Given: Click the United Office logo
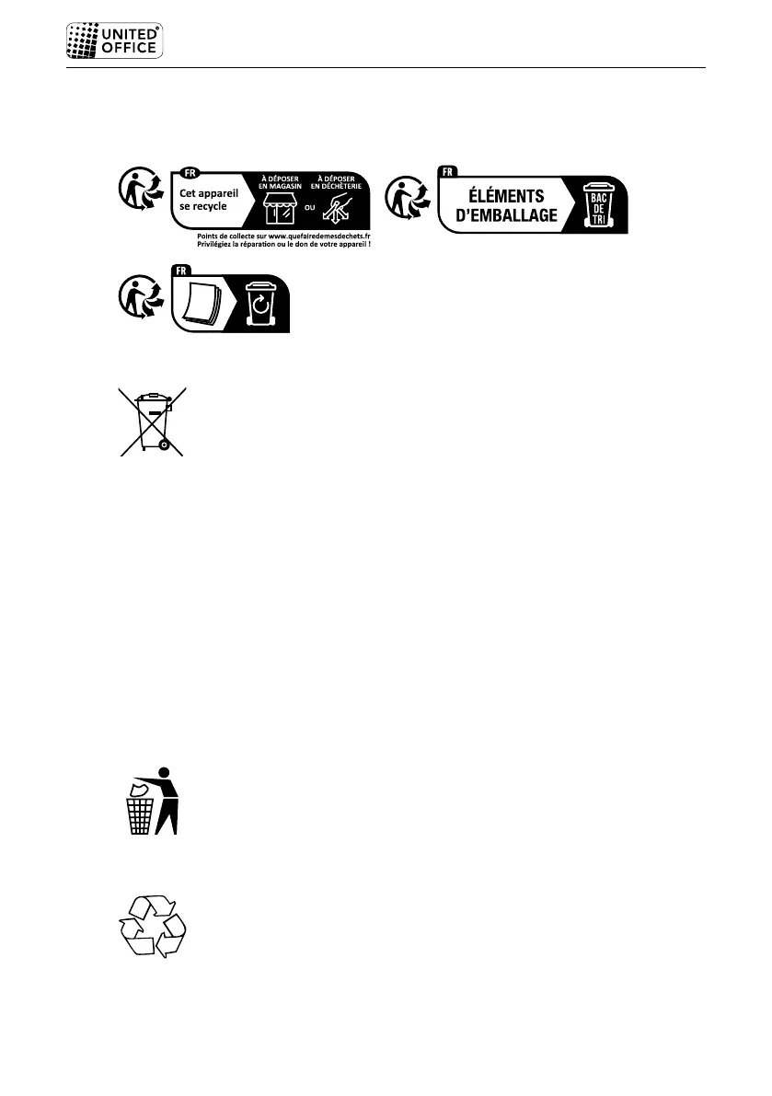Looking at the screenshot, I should pyautogui.click(x=115, y=41).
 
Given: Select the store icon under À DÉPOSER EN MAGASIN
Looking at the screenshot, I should pyautogui.click(x=279, y=208).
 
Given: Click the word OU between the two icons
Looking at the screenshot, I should pyautogui.click(x=309, y=207).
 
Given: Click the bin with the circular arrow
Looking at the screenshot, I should pyautogui.click(x=260, y=306).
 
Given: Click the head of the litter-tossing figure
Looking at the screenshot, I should pyautogui.click(x=165, y=771).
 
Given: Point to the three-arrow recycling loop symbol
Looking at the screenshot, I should pyautogui.click(x=153, y=928).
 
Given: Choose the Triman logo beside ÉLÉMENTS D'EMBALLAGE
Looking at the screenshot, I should pyautogui.click(x=405, y=200).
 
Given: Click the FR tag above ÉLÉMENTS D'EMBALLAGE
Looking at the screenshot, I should pyautogui.click(x=448, y=172).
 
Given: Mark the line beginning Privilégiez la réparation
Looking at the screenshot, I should pyautogui.click(x=290, y=245).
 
